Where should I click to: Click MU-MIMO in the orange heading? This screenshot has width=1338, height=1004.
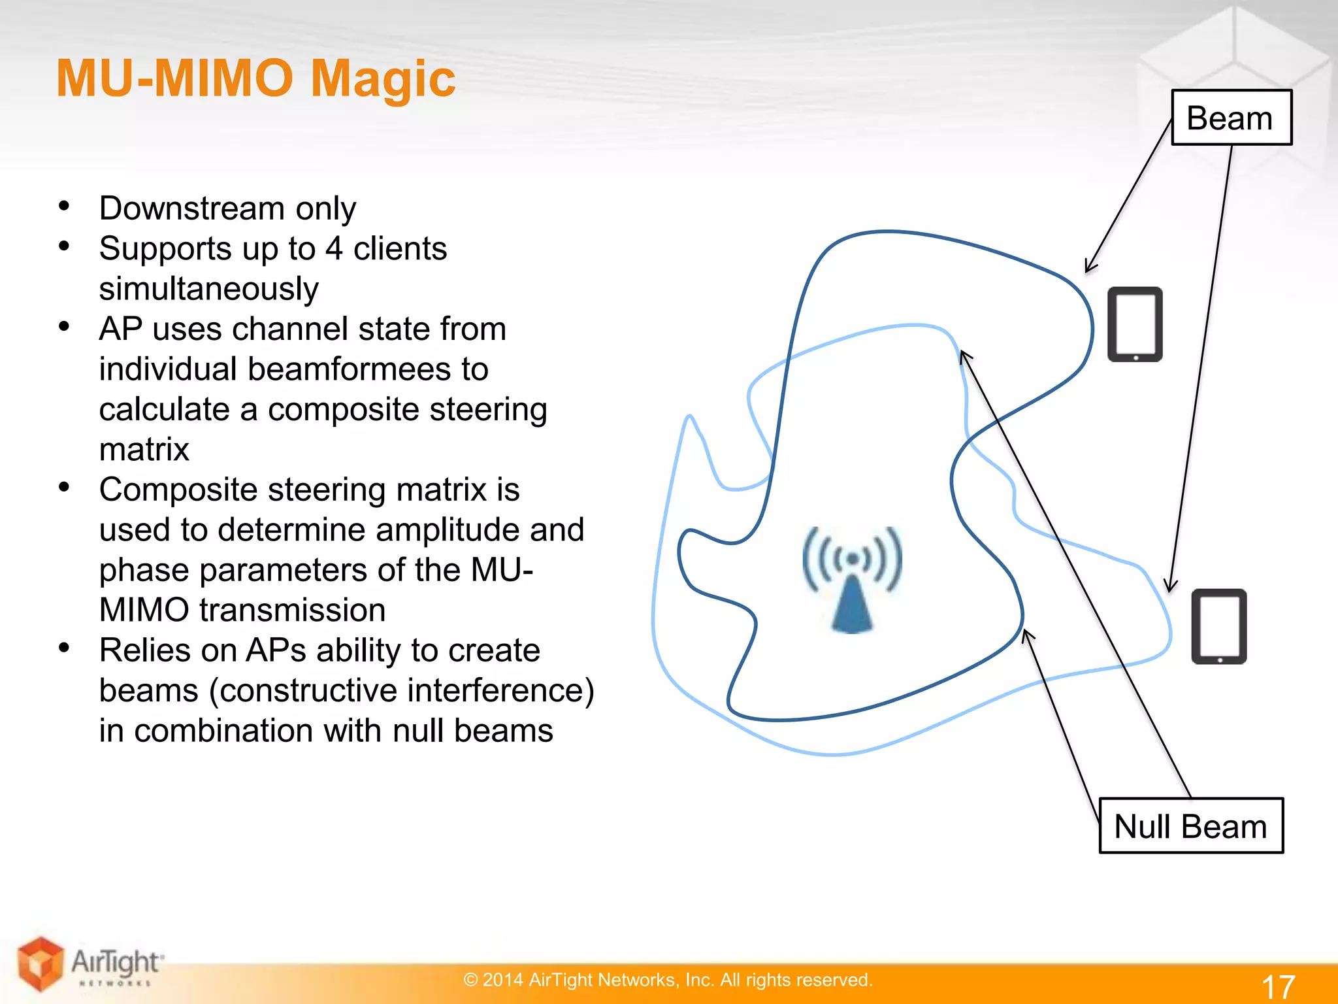tap(175, 78)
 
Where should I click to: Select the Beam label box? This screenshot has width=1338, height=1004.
tap(1231, 118)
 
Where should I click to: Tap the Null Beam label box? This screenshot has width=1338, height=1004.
tap(1190, 826)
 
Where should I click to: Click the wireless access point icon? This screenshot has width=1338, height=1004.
tap(852, 579)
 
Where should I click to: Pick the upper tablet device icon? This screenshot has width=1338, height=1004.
tap(1135, 324)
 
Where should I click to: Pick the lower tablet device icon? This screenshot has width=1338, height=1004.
tap(1218, 626)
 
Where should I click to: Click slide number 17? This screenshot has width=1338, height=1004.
tap(1278, 986)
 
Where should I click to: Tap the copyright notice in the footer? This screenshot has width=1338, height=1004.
tap(668, 980)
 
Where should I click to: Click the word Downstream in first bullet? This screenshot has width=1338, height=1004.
tap(191, 209)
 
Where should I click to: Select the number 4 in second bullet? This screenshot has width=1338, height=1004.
tap(333, 249)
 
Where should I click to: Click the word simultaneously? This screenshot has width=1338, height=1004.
tap(208, 289)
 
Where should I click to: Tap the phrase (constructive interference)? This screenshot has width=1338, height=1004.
tap(401, 691)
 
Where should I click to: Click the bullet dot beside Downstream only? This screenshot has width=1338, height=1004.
tap(64, 206)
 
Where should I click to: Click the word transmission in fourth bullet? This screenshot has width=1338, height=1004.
tap(292, 611)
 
